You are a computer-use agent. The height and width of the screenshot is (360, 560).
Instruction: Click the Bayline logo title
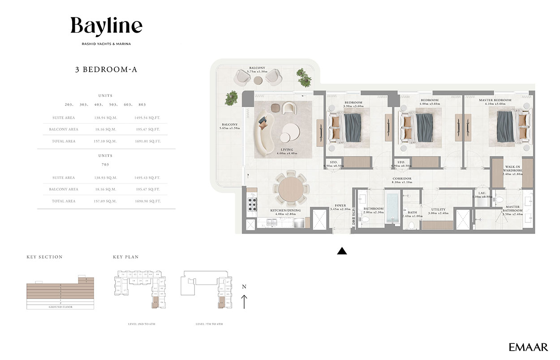(106, 26)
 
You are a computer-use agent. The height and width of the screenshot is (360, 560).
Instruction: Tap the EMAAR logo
(528, 347)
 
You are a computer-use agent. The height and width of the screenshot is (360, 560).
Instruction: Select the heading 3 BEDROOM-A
(106, 69)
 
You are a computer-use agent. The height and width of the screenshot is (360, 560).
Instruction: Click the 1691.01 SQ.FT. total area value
(147, 141)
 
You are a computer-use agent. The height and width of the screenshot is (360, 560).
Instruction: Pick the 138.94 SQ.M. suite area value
(105, 118)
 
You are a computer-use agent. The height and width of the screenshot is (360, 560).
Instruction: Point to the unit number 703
(106, 165)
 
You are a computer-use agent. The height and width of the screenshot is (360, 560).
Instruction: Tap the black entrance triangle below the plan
(342, 251)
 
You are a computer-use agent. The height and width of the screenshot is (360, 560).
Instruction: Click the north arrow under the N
(244, 301)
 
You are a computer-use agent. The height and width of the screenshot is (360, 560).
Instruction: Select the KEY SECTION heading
(44, 257)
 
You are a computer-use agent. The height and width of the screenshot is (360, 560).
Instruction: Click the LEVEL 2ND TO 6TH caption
(141, 323)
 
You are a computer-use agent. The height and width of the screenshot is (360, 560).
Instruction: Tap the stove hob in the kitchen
(252, 204)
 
